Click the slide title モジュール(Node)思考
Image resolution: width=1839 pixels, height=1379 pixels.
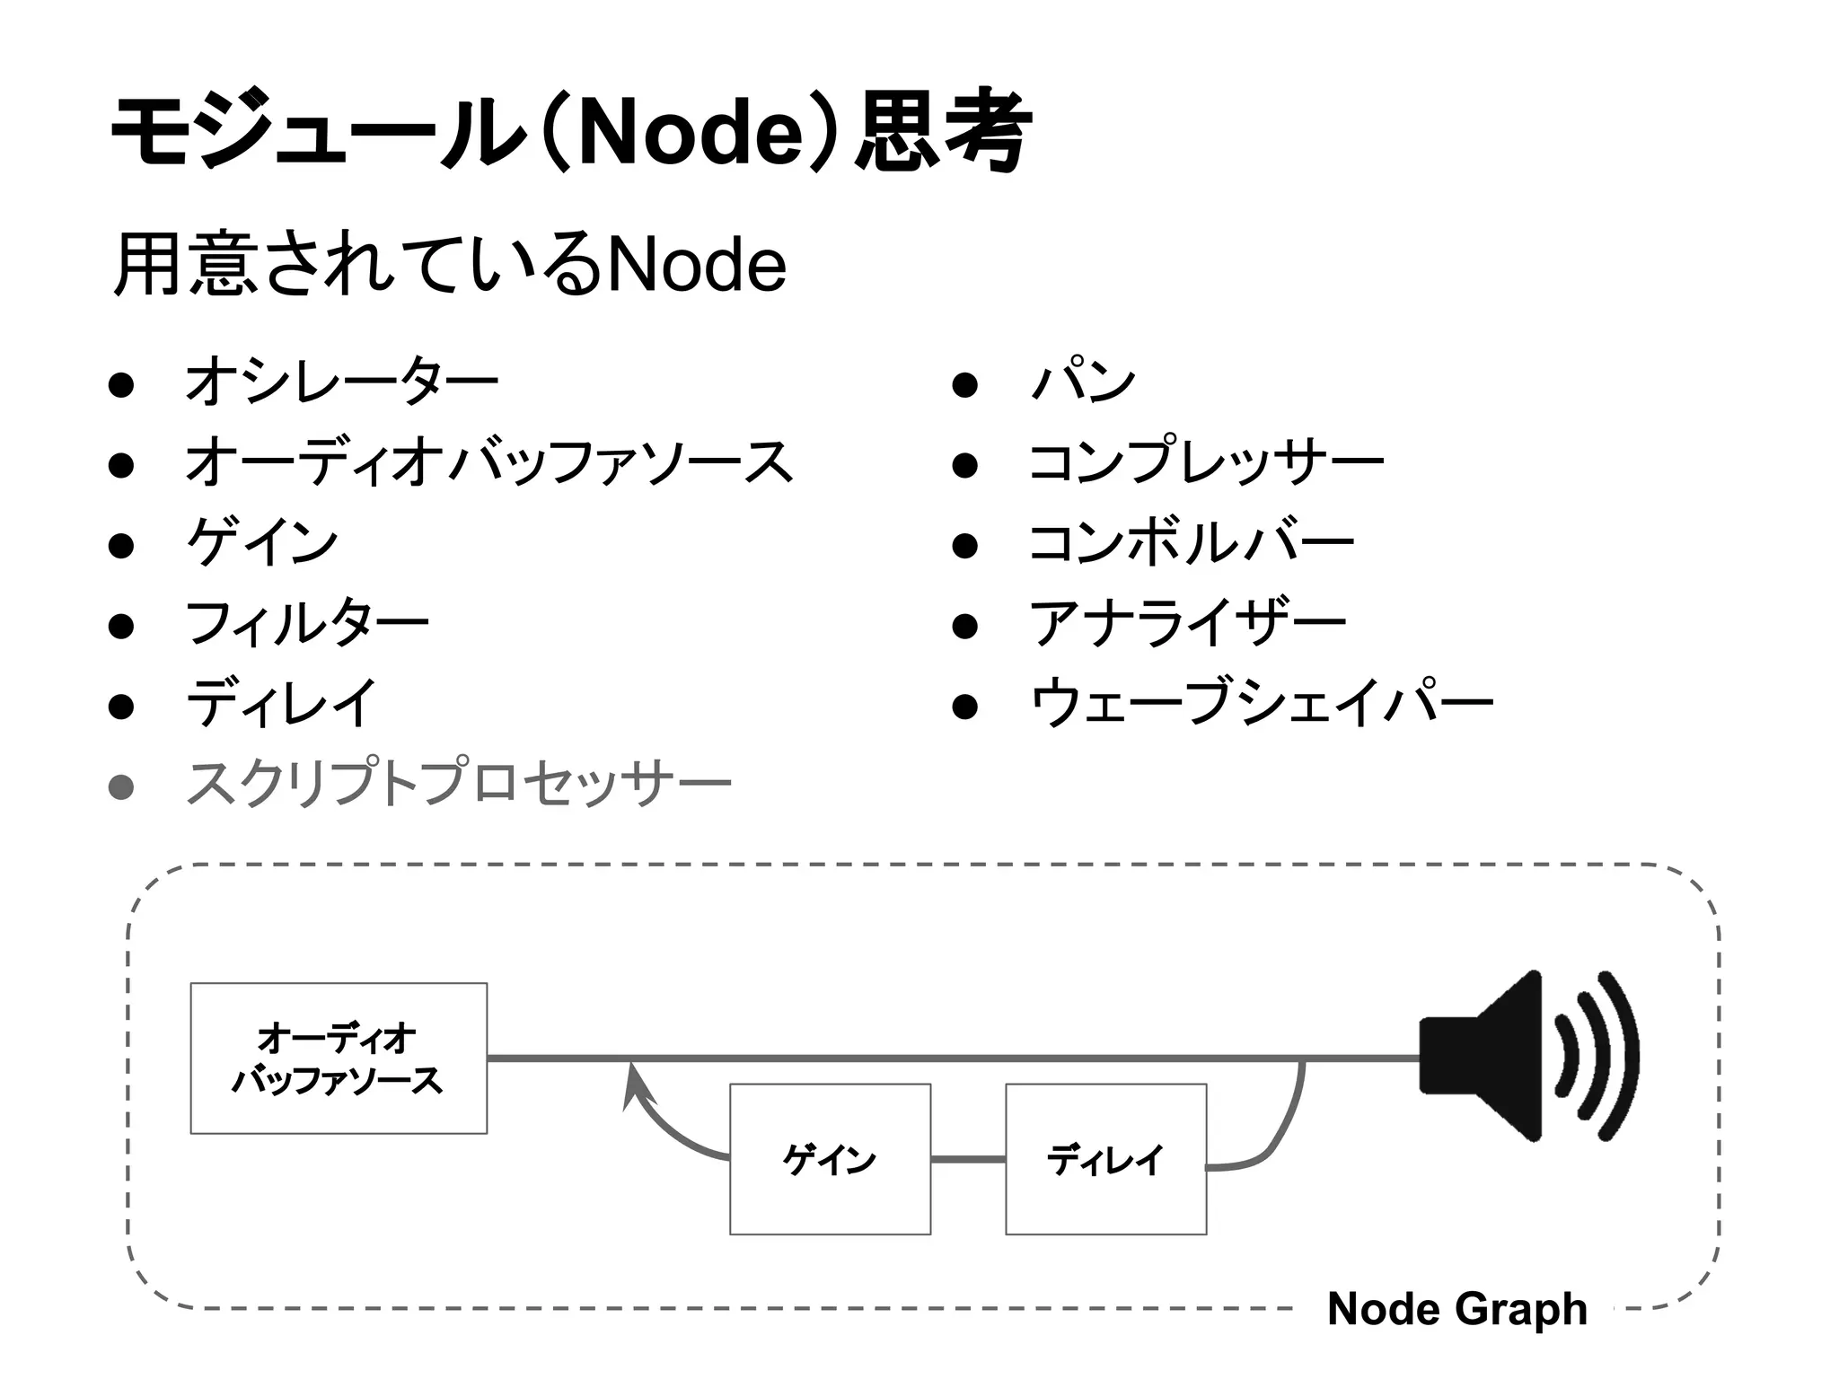coord(571,133)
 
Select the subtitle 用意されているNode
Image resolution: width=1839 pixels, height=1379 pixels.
coord(451,265)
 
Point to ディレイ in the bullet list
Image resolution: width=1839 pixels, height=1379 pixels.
coord(280,703)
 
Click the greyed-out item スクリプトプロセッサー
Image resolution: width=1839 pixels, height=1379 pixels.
coord(458,784)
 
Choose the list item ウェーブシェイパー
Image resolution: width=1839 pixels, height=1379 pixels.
coord(1261,703)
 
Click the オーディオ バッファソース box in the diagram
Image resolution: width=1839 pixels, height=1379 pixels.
coord(339,1058)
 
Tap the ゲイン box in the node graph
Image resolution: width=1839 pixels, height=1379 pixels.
coord(830,1159)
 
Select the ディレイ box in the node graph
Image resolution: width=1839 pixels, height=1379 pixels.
coord(1105,1159)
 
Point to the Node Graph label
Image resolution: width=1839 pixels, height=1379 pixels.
coord(1456,1308)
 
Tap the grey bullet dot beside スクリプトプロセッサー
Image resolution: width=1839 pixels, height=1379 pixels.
coord(120,787)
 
